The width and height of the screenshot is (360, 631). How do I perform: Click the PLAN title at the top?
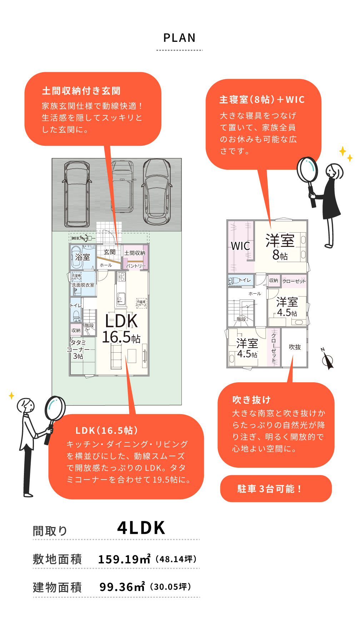180,38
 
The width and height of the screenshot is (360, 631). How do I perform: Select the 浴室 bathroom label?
82,257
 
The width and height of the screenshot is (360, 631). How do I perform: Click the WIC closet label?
240,246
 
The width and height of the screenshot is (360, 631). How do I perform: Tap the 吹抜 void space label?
295,347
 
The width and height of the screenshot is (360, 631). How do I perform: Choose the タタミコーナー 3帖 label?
78,349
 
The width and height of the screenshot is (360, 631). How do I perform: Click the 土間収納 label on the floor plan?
135,253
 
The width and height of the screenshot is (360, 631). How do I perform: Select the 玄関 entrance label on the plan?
110,252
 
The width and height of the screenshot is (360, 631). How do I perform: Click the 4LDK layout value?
141,528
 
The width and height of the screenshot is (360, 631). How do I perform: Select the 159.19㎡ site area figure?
124,559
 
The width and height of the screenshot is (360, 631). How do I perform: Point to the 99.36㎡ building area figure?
122,587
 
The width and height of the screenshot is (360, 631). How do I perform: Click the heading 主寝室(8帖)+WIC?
262,100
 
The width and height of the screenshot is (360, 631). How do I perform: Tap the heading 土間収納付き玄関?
81,91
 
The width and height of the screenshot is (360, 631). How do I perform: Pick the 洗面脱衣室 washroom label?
83,285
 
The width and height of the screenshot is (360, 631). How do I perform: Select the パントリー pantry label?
136,266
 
